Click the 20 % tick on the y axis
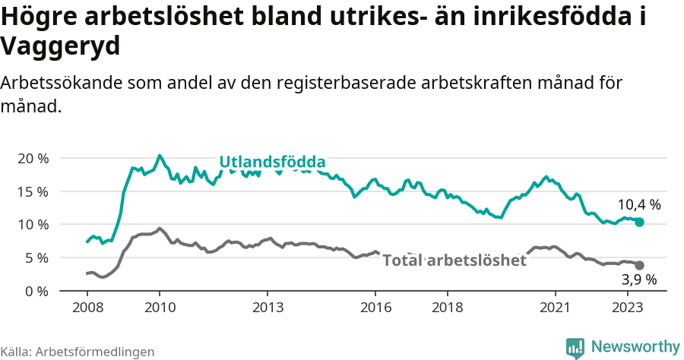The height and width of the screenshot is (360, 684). [33, 158]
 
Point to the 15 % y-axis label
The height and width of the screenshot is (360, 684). [33, 191]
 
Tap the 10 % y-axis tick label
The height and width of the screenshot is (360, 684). [33, 224]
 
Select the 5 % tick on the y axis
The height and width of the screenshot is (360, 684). [36, 257]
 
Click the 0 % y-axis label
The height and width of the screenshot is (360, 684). [36, 291]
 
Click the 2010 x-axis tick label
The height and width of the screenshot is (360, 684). [159, 308]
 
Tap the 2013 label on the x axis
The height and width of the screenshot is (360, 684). [268, 308]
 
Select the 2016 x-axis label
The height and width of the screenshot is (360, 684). [375, 308]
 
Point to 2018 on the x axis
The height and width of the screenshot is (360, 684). [448, 308]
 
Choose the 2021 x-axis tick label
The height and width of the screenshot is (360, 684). [556, 308]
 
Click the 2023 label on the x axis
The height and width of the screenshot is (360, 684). [628, 308]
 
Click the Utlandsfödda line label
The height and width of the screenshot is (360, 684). [272, 162]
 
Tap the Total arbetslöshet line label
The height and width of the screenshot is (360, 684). [454, 261]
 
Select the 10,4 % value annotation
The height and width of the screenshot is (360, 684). [638, 204]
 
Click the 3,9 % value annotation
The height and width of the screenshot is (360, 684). [638, 280]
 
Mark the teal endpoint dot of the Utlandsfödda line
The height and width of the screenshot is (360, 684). [639, 222]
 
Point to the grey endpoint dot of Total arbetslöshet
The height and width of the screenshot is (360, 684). [639, 265]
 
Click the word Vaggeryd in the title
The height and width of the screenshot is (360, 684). [61, 47]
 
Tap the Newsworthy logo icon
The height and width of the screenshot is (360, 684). [575, 347]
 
